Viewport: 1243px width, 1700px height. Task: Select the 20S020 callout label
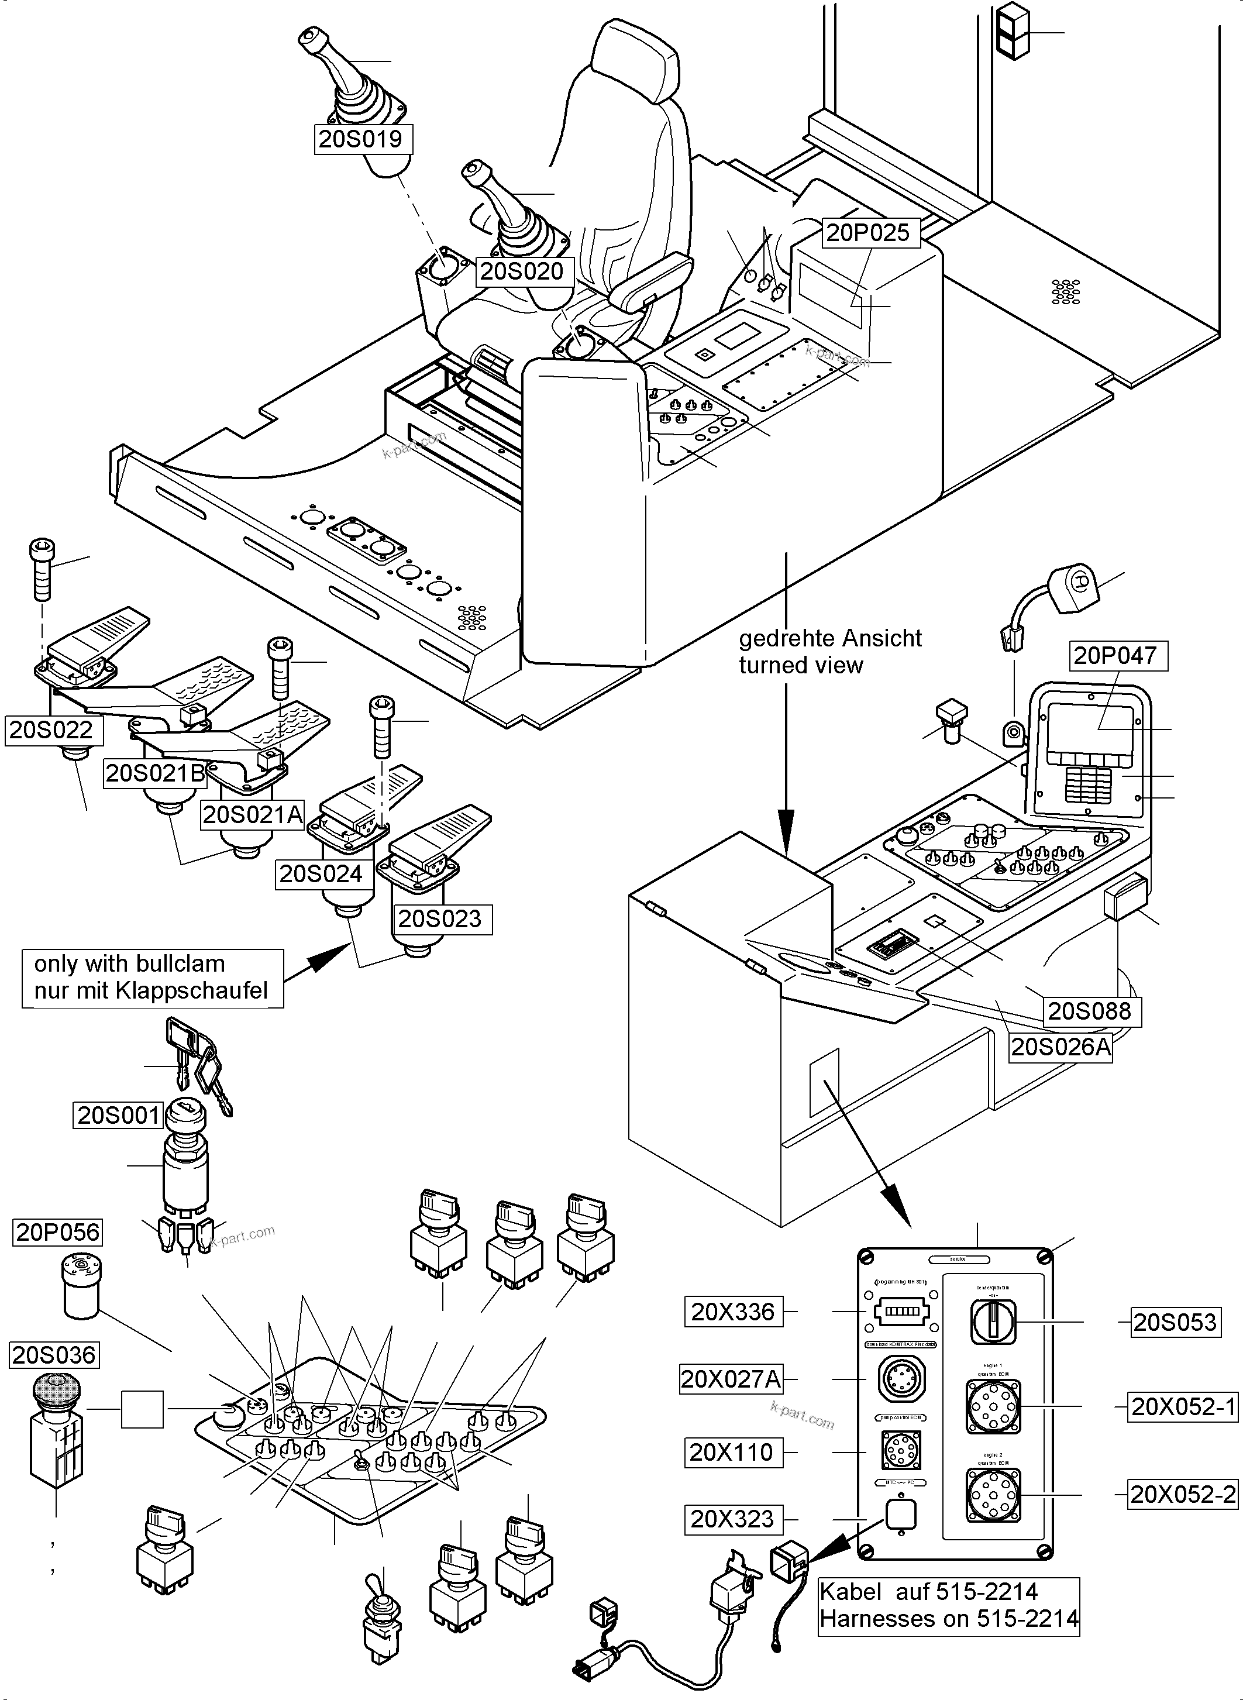521,271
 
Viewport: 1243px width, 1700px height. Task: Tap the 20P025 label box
867,233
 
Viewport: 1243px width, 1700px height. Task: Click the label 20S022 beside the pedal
51,730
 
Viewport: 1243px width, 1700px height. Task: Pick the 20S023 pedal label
439,919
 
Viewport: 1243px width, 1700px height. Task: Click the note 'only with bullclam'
129,964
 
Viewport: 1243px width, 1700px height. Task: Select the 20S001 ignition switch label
119,1115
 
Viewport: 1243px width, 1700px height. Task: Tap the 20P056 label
58,1233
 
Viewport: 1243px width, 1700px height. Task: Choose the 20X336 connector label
733,1312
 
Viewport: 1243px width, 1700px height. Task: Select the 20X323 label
732,1519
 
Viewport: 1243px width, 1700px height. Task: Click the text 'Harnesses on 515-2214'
949,1618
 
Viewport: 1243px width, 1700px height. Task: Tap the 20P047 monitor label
1114,655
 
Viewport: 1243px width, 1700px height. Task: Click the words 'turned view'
801,665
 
